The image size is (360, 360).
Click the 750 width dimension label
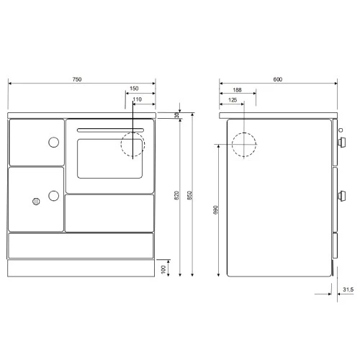[77, 79]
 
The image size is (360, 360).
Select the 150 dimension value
[134, 89]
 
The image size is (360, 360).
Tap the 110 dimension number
[138, 99]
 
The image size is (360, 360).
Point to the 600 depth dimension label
[278, 79]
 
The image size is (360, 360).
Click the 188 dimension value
[237, 90]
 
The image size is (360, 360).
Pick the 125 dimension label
[233, 100]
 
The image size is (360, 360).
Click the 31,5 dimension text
[348, 289]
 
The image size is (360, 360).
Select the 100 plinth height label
[163, 269]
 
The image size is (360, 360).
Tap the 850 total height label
[189, 195]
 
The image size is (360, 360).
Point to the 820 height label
[176, 195]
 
